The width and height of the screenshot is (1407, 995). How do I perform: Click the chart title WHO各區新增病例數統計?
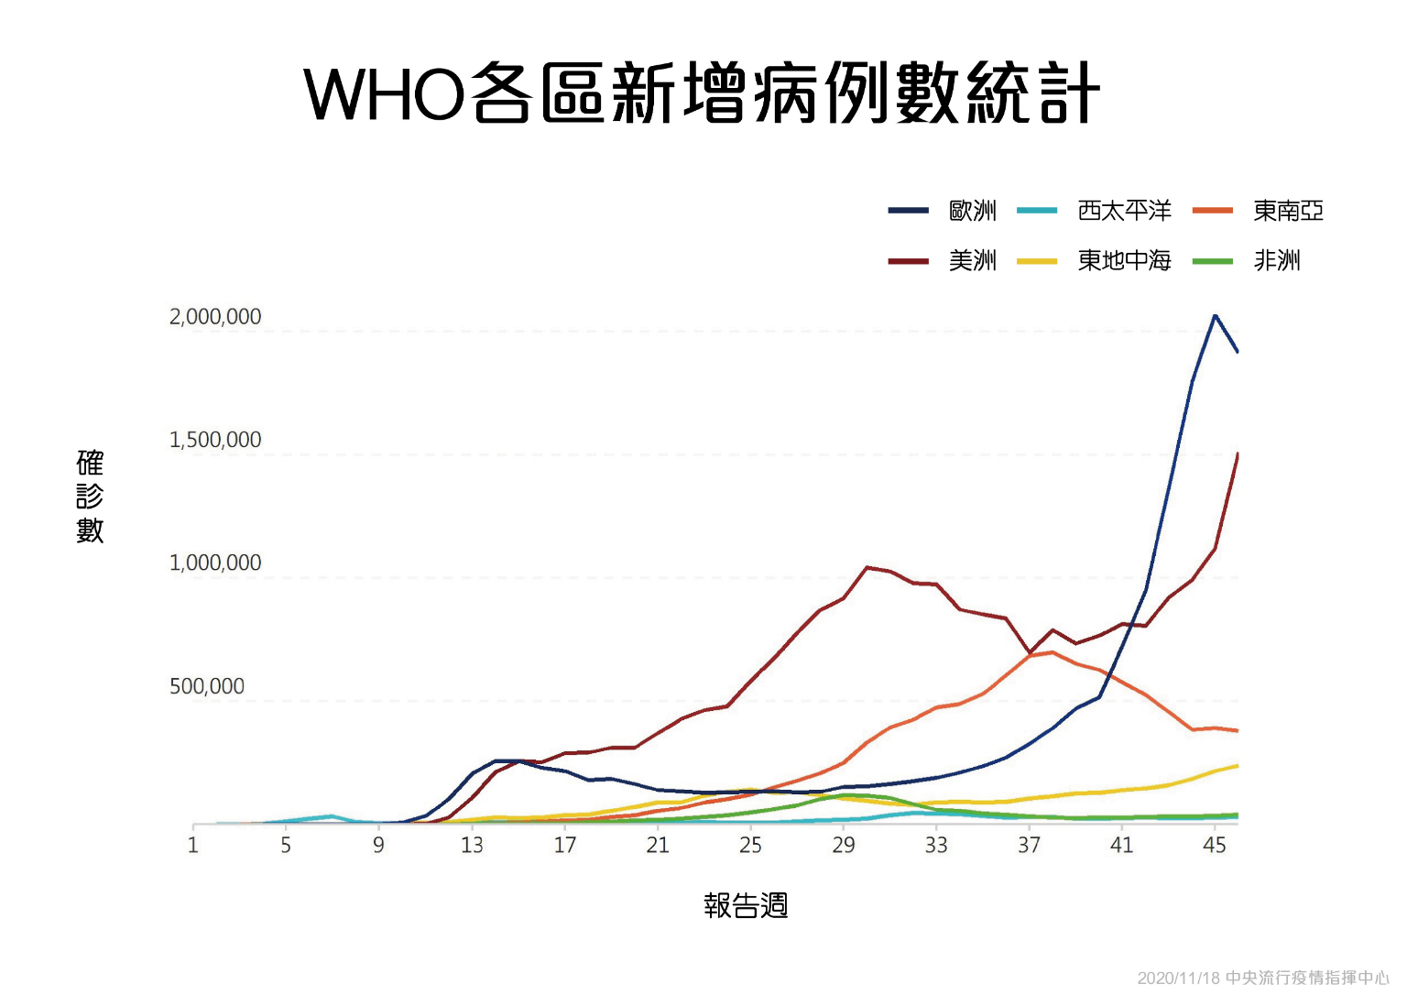703,93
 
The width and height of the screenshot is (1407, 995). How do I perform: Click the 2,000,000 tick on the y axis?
215,317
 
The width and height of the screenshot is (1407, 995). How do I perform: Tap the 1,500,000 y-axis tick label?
215,440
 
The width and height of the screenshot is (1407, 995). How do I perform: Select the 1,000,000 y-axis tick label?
215,563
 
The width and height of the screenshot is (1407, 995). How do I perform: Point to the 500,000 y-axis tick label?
207,686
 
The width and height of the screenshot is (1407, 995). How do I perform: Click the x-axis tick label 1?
193,845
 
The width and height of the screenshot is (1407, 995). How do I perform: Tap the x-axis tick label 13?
472,845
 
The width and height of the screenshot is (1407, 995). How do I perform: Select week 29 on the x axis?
843,845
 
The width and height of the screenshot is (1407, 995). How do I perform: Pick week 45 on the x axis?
1214,845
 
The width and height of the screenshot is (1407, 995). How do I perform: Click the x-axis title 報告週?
746,905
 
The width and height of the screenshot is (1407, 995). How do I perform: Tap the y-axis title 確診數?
90,496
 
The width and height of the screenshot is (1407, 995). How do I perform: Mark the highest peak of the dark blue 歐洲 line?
1215,315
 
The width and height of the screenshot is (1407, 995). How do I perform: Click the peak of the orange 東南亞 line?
1052,652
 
